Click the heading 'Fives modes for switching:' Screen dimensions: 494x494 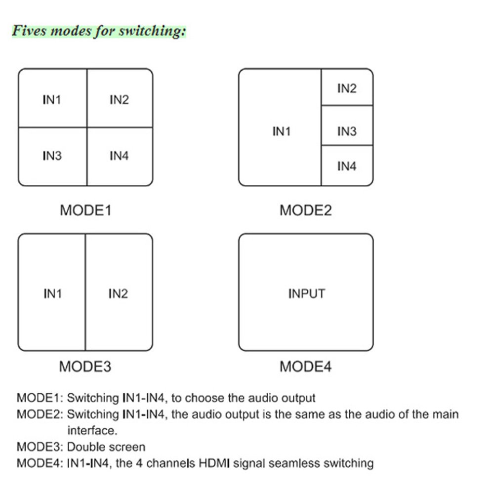click(x=99, y=31)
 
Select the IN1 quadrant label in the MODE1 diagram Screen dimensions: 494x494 click(x=52, y=100)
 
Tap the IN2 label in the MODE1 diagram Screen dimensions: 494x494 click(x=119, y=100)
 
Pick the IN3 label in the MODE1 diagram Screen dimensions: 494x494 click(x=52, y=156)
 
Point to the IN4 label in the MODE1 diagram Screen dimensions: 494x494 click(x=119, y=156)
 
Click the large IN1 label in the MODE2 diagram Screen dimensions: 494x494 click(x=282, y=131)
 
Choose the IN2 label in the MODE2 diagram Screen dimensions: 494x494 click(x=347, y=88)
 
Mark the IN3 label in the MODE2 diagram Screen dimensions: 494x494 click(x=347, y=131)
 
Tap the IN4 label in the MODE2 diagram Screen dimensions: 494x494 click(x=347, y=166)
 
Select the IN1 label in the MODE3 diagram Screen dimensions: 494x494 click(x=53, y=294)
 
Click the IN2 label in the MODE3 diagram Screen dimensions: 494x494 click(x=118, y=294)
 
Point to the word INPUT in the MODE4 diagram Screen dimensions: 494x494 click(x=307, y=293)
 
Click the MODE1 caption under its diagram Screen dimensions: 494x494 click(x=85, y=210)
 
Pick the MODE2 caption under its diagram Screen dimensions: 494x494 click(x=306, y=210)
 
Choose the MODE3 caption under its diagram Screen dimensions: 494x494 click(x=85, y=367)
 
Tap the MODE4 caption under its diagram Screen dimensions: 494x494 click(x=306, y=367)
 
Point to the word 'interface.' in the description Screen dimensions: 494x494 click(x=92, y=430)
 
